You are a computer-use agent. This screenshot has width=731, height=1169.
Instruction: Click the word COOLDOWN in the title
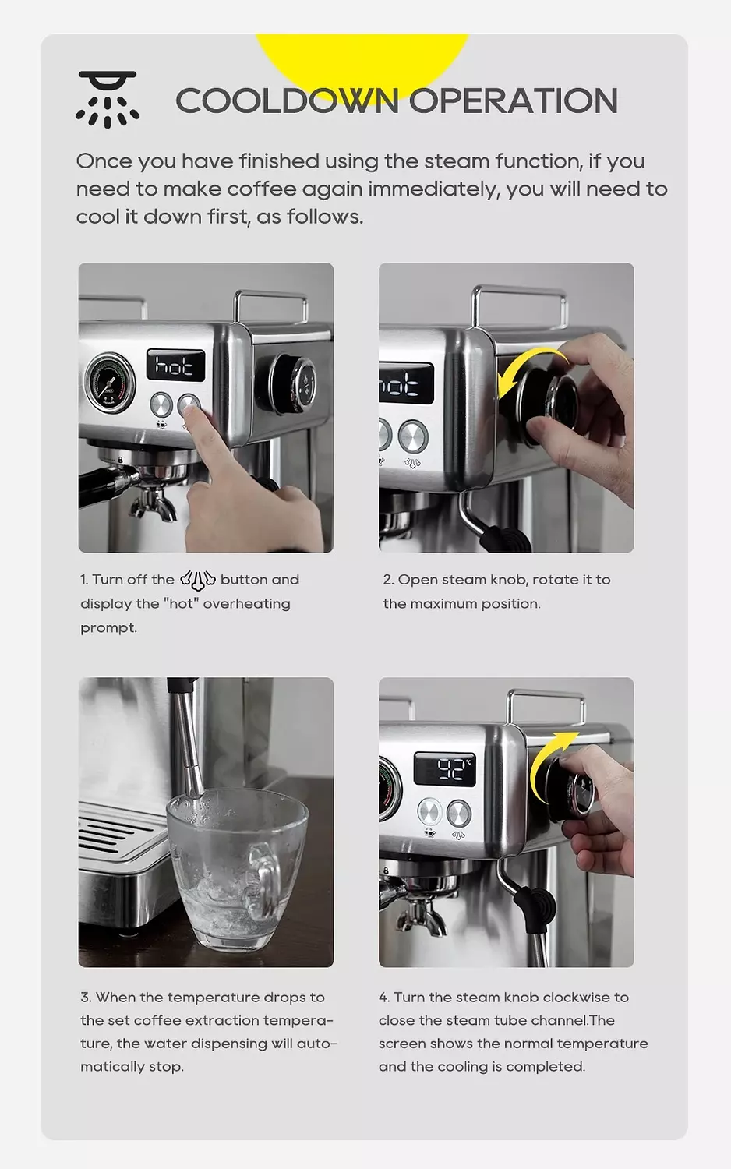[287, 101]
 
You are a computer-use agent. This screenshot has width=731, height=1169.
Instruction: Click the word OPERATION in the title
[514, 101]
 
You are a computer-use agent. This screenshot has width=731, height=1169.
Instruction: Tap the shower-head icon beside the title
[108, 99]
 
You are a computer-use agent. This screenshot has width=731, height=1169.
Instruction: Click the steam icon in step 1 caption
[197, 581]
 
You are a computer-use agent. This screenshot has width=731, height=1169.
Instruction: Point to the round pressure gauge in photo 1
[110, 382]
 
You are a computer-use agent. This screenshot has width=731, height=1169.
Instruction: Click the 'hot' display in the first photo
[176, 365]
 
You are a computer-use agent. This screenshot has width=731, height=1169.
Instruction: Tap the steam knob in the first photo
[294, 384]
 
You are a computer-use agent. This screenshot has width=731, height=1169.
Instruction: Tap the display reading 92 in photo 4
[444, 770]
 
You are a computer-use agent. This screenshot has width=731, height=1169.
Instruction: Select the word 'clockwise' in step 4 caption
[577, 998]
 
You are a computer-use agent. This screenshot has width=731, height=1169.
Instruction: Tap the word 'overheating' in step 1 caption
[246, 604]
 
